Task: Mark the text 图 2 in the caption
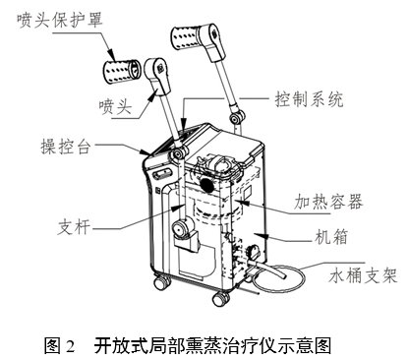coord(61,345)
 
